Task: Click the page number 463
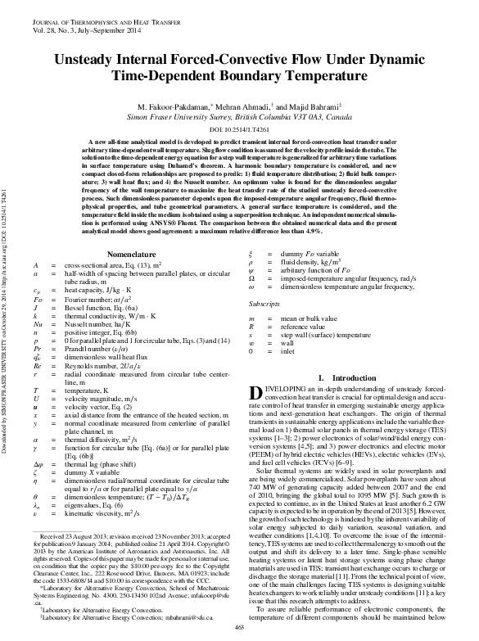click(240, 628)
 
